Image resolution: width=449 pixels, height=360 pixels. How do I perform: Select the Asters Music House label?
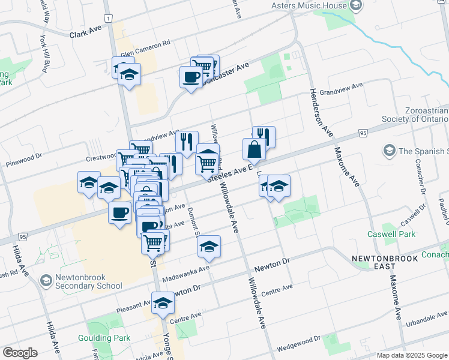coord(309,6)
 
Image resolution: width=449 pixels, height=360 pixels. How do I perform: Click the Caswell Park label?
coord(385,233)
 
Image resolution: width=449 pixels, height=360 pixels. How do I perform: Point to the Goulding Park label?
coord(104,338)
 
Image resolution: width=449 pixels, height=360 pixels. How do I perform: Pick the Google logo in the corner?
coord(20,353)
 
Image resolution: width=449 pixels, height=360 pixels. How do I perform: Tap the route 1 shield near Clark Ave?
coord(107,20)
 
